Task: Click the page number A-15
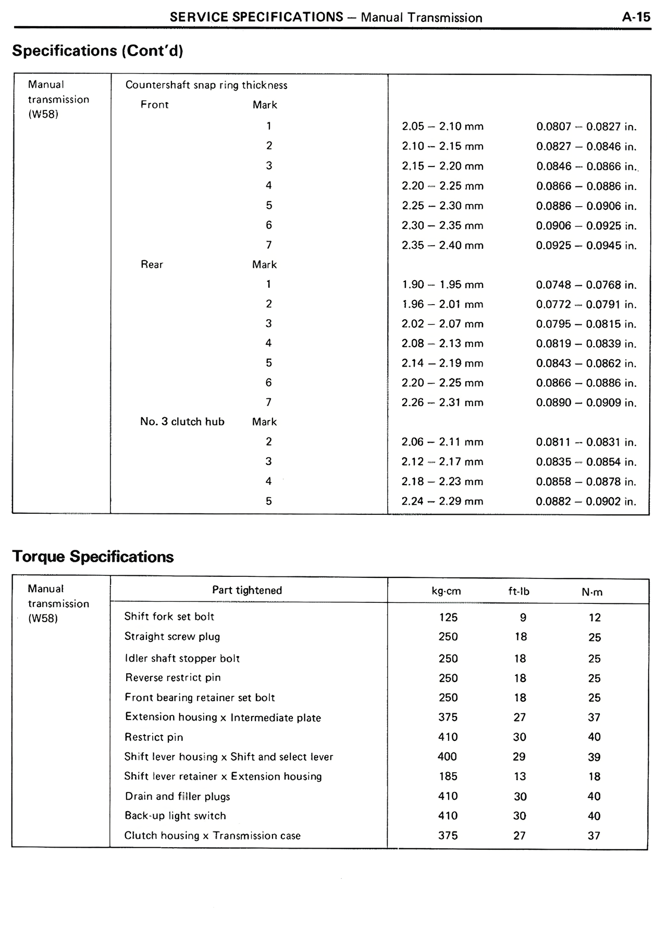636,17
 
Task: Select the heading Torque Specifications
93,557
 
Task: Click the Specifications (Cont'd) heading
97,51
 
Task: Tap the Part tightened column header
247,590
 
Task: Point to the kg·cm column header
447,591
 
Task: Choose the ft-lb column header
518,591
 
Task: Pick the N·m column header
592,592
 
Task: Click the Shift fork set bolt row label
169,616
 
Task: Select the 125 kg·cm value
448,617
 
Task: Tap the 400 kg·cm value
447,757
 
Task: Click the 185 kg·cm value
448,776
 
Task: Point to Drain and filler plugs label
177,796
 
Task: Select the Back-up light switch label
175,816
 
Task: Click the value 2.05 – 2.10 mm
442,127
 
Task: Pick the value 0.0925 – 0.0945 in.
586,245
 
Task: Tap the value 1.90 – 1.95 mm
442,285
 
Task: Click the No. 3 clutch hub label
182,422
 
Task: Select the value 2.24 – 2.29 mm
442,501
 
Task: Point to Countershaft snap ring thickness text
206,85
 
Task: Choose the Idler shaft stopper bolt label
182,658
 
